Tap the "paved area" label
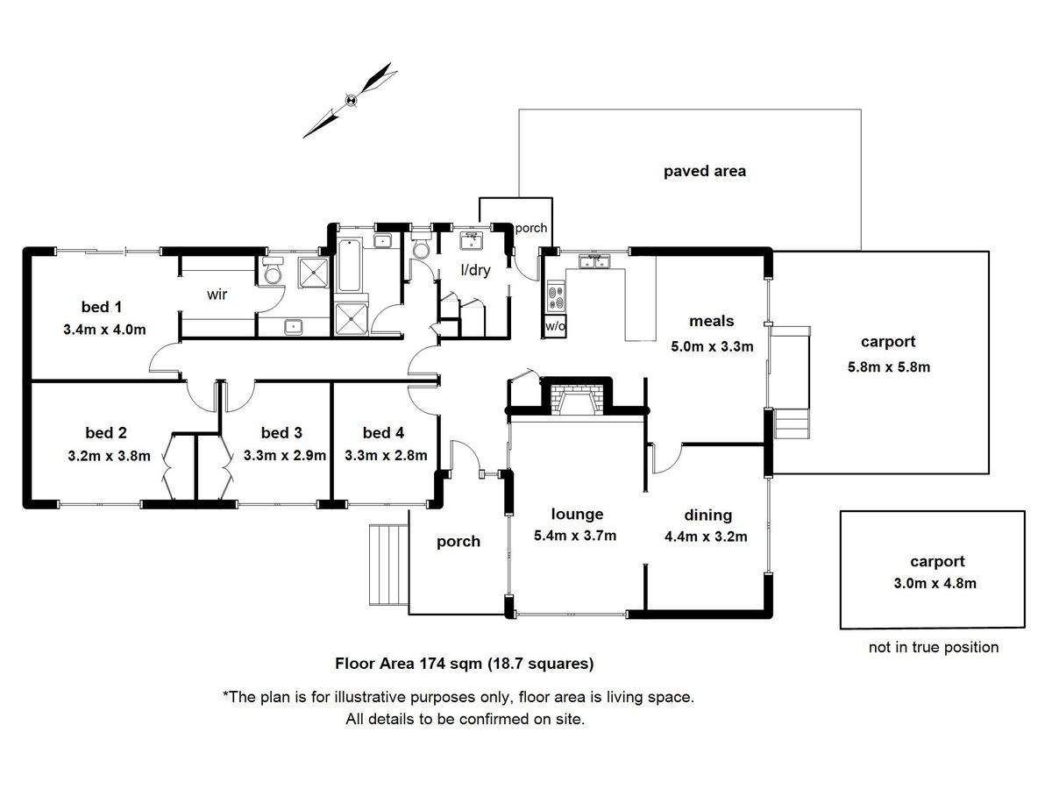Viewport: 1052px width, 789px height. tap(705, 172)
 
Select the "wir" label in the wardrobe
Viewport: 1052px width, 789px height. tap(217, 295)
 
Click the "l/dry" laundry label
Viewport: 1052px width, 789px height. tap(475, 270)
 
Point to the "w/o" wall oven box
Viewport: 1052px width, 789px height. tap(556, 327)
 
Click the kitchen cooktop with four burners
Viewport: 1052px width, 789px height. tap(557, 297)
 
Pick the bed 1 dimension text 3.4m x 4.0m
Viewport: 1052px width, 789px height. tap(104, 330)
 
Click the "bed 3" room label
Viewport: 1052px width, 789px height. tap(281, 433)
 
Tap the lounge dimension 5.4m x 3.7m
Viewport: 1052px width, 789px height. tap(575, 536)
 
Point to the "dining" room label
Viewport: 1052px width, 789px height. tap(707, 515)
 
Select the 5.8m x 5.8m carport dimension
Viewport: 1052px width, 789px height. tap(889, 367)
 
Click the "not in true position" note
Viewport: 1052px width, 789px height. tap(934, 647)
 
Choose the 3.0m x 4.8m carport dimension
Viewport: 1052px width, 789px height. tap(935, 584)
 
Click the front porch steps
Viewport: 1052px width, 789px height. tap(388, 564)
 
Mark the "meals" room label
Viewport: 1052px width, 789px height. tap(711, 321)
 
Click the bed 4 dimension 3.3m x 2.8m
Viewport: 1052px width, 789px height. tap(386, 456)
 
